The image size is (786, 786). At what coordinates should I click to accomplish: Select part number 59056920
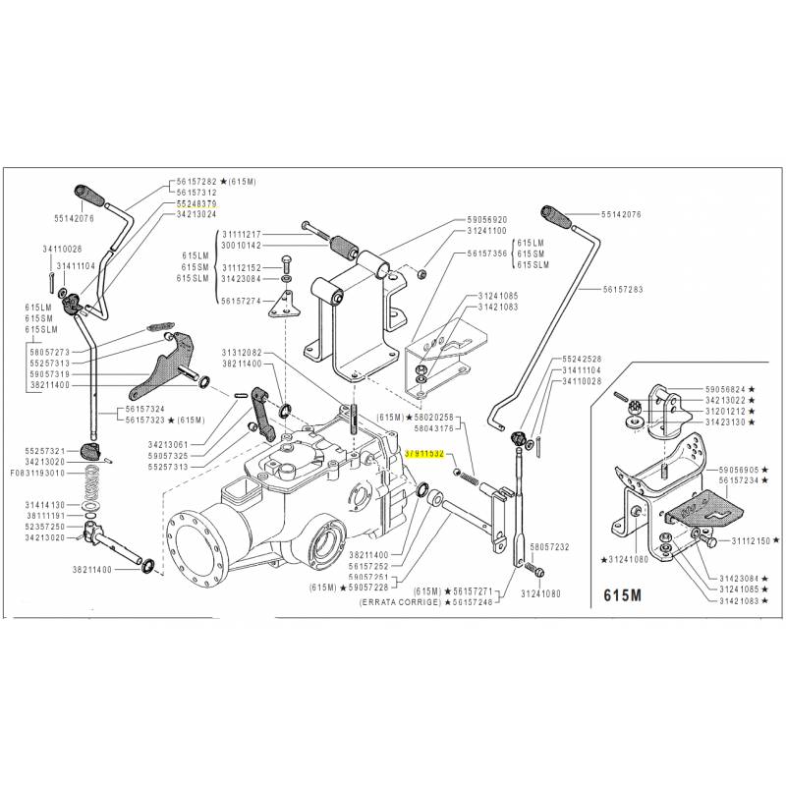click(487, 219)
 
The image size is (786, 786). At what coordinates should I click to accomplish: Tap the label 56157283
click(625, 290)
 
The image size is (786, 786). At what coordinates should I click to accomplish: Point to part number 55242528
click(581, 360)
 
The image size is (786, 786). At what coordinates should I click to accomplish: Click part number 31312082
click(242, 351)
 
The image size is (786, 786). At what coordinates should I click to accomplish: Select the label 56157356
click(487, 253)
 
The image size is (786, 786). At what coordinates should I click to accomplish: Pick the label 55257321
click(46, 449)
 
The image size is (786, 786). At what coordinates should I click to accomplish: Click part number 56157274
click(242, 301)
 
